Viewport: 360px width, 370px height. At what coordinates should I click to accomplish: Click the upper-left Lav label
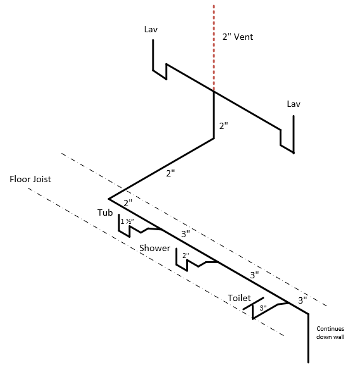tap(151, 29)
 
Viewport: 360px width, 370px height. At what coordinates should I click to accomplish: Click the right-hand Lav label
tap(294, 104)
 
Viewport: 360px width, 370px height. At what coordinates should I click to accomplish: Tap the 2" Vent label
tap(238, 37)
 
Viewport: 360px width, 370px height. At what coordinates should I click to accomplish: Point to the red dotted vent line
tap(214, 48)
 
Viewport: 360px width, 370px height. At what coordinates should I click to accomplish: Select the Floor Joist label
tap(30, 179)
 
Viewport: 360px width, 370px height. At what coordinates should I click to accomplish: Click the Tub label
tap(105, 213)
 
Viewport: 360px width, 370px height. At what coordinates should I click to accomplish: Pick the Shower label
tap(154, 248)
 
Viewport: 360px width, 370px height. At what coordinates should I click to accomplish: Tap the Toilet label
tap(239, 298)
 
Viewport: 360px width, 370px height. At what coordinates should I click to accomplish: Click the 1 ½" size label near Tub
tap(127, 221)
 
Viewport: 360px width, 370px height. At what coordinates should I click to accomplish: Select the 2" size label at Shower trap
tap(186, 256)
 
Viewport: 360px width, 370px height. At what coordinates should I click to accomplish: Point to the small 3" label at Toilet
tap(263, 308)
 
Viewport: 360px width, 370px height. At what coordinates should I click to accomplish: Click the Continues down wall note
tap(330, 333)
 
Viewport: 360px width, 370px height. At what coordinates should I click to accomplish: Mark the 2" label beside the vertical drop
tap(223, 126)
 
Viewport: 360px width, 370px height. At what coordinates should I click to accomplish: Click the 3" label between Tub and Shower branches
tap(185, 234)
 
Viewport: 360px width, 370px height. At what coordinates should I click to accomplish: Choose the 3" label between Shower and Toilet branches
tap(254, 275)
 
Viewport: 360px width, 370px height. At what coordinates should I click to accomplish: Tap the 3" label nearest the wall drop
tap(302, 300)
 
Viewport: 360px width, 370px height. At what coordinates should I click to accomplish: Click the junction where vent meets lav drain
tap(214, 91)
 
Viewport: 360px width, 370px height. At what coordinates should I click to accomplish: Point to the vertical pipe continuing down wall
tap(308, 338)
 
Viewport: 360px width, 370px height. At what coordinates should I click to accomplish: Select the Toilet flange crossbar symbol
tap(253, 304)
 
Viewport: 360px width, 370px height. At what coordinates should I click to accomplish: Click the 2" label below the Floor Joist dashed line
tap(128, 202)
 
